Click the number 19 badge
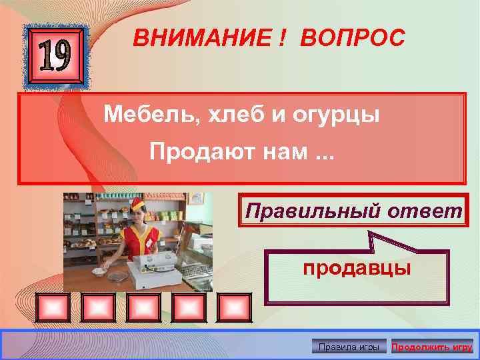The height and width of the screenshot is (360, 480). (56, 58)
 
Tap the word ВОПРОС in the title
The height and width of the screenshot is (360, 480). (352, 39)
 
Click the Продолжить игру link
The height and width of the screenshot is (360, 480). (431, 347)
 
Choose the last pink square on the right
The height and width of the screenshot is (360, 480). (234, 308)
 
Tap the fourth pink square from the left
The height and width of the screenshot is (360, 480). (189, 308)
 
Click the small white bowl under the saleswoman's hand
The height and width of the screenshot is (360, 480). (99, 271)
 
